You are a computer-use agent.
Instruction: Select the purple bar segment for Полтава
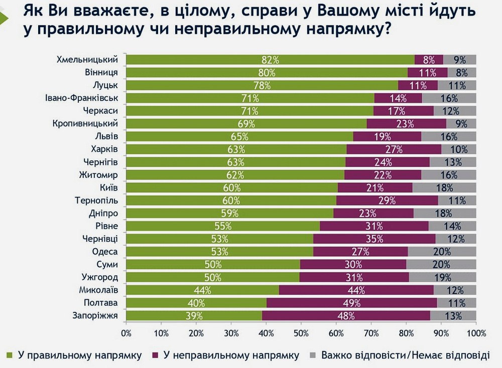[351, 303]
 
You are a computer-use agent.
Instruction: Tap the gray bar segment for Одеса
[442, 252]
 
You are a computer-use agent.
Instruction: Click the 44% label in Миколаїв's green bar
[203, 290]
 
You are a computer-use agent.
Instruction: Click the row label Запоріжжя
[95, 315]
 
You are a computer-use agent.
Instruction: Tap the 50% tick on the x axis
[301, 332]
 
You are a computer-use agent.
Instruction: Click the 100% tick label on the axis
[475, 332]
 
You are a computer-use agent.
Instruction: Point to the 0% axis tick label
[126, 332]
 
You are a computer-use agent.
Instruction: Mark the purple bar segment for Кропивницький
[406, 123]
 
